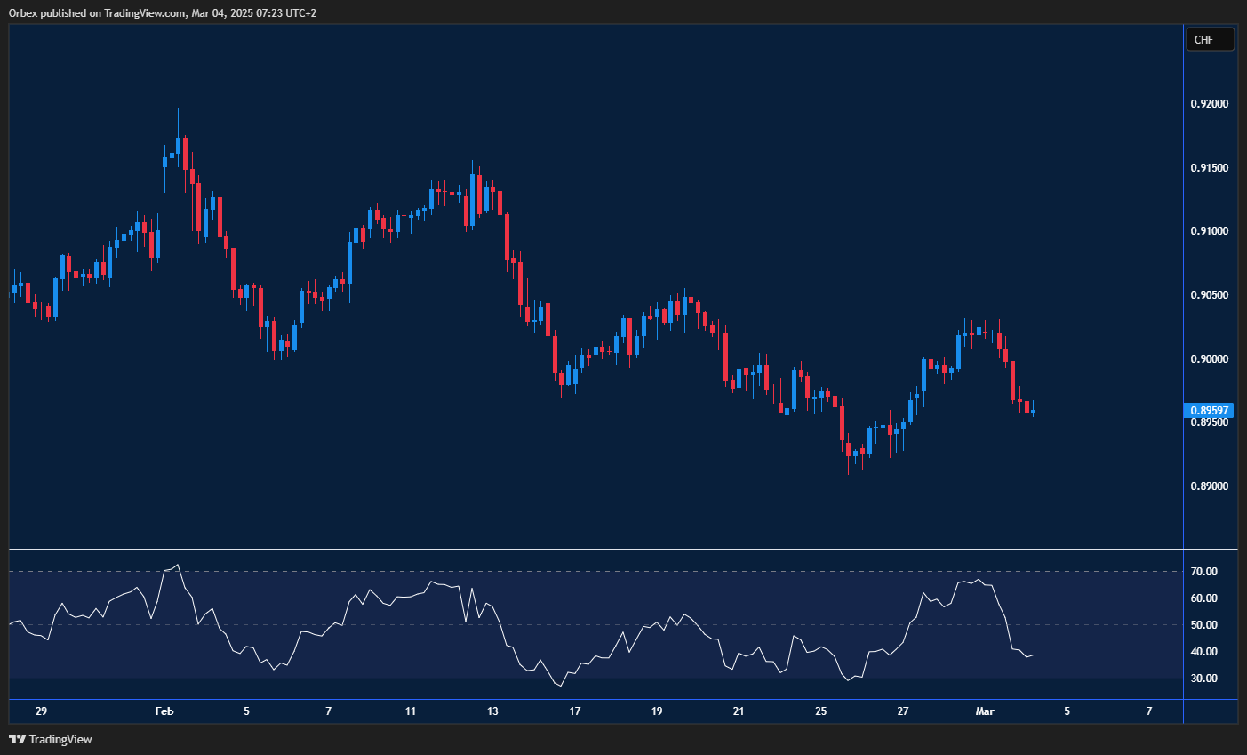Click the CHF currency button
click(x=1210, y=39)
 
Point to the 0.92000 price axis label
click(x=1209, y=104)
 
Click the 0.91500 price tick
click(x=1209, y=168)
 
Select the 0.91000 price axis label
click(x=1209, y=231)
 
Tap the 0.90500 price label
click(x=1209, y=295)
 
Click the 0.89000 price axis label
click(x=1209, y=486)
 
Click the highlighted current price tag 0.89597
click(x=1209, y=411)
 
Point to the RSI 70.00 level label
click(x=1203, y=572)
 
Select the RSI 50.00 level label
click(x=1203, y=625)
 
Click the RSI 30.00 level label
click(x=1203, y=679)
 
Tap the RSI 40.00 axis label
click(x=1203, y=652)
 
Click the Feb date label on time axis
click(x=164, y=711)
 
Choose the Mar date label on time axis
click(x=985, y=711)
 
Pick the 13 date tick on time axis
click(x=492, y=711)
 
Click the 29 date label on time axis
click(x=41, y=711)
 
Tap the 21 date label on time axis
click(x=739, y=711)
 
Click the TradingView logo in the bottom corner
click(x=51, y=739)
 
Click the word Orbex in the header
click(x=23, y=13)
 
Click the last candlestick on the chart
click(x=1033, y=410)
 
